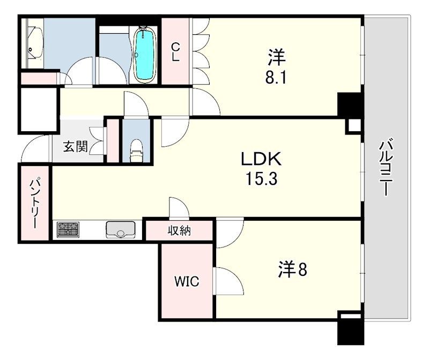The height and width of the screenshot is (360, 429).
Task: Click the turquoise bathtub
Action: [x=145, y=55]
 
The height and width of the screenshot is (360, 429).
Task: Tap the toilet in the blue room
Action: [x=136, y=151]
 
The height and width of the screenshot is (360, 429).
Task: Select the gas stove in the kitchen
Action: [x=68, y=230]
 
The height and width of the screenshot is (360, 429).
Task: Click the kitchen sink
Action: [x=120, y=230]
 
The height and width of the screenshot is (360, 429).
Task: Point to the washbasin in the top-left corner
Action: [x=35, y=42]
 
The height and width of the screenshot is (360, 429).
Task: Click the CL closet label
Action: [x=175, y=52]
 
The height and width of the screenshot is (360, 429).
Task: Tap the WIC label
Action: [x=187, y=281]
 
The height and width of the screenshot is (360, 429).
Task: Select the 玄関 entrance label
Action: [x=75, y=147]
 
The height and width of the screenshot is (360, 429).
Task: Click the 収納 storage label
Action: [x=179, y=231]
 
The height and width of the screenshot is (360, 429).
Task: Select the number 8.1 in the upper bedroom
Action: [x=276, y=78]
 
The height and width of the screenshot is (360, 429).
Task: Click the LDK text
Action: [x=261, y=159]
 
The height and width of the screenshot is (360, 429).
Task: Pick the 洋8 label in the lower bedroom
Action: [x=293, y=269]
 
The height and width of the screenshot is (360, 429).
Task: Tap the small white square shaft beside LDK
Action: [x=355, y=126]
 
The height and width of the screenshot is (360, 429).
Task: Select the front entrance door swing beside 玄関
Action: [x=35, y=148]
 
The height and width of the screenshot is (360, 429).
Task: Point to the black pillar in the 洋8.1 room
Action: [x=350, y=104]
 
